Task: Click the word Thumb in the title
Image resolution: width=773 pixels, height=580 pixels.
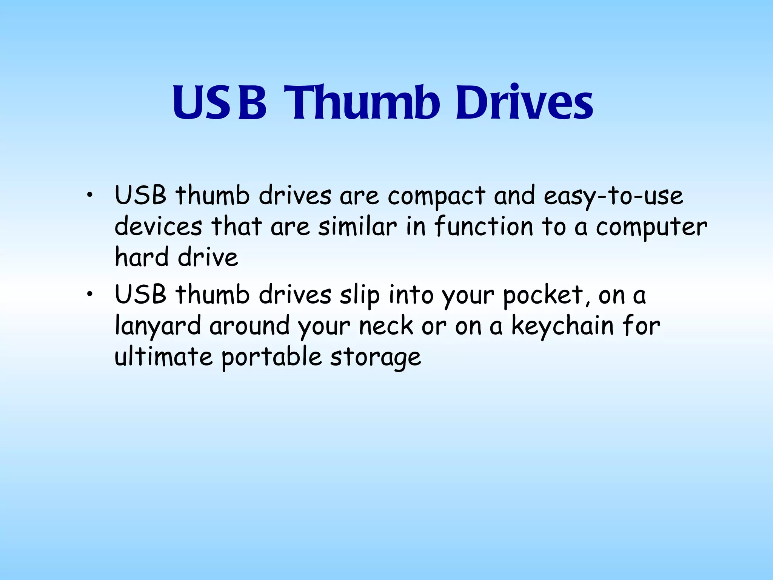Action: (x=362, y=103)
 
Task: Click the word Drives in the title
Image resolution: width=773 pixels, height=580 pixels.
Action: (x=524, y=103)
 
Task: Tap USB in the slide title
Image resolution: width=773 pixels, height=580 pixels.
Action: (x=219, y=103)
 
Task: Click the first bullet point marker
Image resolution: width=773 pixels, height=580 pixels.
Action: (x=89, y=196)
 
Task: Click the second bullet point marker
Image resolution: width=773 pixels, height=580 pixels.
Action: (x=89, y=295)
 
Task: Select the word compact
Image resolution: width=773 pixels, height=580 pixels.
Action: (x=436, y=196)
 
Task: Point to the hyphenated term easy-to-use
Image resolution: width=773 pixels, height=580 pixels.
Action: (x=613, y=196)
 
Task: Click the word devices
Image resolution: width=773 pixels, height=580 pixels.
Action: (x=158, y=227)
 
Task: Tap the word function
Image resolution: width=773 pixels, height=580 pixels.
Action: (x=484, y=227)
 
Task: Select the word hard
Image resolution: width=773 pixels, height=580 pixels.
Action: (x=142, y=257)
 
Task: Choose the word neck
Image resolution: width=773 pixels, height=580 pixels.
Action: (x=386, y=326)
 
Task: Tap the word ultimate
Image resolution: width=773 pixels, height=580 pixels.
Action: (x=163, y=357)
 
